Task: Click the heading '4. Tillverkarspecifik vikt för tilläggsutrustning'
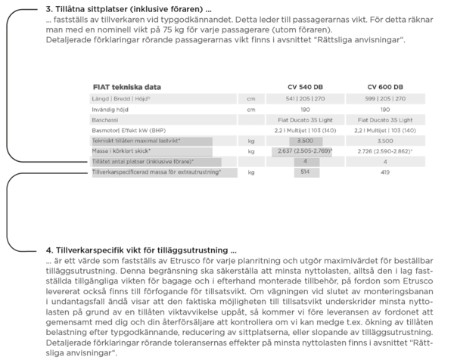pos(141,250)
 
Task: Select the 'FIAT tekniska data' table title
pos(126,87)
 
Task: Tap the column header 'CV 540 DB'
pos(306,87)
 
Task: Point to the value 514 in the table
pos(306,172)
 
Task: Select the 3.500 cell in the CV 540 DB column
pos(306,141)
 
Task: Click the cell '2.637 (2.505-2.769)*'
pos(306,151)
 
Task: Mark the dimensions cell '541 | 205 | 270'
pos(306,98)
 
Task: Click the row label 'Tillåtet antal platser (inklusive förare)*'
pos(143,162)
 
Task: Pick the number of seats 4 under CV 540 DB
pos(306,162)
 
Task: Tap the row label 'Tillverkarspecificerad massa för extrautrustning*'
pos(156,172)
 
